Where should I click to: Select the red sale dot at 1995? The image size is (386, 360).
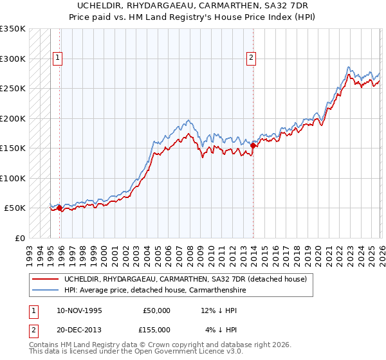(60, 208)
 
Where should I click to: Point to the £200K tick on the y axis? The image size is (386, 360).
(13, 119)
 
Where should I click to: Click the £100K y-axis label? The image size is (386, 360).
(13, 179)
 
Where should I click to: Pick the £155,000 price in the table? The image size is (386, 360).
(157, 328)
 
